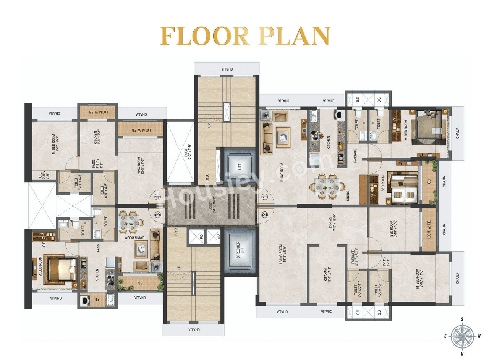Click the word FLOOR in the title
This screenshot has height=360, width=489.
coord(202,36)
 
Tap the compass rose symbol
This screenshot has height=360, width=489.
coord(462,336)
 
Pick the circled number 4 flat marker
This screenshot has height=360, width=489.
coord(158,197)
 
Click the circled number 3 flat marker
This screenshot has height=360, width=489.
coord(158,215)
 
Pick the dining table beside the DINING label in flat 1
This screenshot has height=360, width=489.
coord(328,184)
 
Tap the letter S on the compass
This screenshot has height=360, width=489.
coord(462,319)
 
